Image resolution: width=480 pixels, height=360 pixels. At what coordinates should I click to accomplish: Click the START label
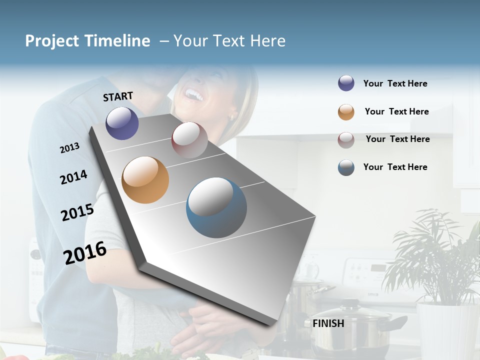tap(118, 96)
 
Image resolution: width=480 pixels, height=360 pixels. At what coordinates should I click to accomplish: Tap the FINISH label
tap(328, 323)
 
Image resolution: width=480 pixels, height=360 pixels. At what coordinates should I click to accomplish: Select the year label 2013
tap(69, 147)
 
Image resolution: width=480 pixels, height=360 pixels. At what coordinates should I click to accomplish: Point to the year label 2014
tap(73, 177)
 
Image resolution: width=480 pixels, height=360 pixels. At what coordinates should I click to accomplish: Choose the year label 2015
tap(77, 212)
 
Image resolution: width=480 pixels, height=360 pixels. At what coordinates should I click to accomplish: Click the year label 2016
tap(85, 252)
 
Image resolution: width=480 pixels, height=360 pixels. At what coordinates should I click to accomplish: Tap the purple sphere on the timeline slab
tap(122, 123)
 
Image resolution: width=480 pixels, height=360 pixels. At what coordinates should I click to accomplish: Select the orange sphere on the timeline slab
tap(145, 180)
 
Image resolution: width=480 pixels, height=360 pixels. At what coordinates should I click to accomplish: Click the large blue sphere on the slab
tap(216, 207)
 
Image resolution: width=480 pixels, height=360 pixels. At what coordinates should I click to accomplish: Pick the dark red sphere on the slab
tap(189, 139)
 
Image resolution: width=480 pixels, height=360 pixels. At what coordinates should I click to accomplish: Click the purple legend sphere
tap(346, 83)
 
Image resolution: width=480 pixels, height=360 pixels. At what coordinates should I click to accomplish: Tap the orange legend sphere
tap(346, 112)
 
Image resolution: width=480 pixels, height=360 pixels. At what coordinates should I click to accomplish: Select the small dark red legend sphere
tap(346, 139)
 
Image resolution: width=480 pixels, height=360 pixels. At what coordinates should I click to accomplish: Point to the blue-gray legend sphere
tap(346, 167)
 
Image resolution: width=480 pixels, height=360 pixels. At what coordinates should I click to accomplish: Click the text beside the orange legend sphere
tap(396, 111)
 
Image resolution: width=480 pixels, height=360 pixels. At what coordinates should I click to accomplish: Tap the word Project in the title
tap(52, 41)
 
